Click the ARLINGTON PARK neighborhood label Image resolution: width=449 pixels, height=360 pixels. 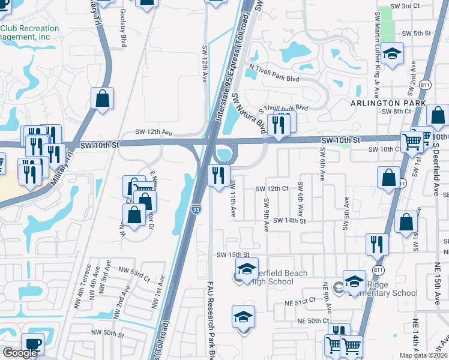pyautogui.click(x=388, y=103)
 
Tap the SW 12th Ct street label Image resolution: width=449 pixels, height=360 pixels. pyautogui.click(x=272, y=188)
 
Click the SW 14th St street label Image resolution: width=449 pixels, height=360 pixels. pyautogui.click(x=289, y=221)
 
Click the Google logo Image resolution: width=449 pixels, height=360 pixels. pyautogui.click(x=20, y=352)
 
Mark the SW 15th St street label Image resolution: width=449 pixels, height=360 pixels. pyautogui.click(x=232, y=255)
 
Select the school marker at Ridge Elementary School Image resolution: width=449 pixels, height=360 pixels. pyautogui.click(x=354, y=281)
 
